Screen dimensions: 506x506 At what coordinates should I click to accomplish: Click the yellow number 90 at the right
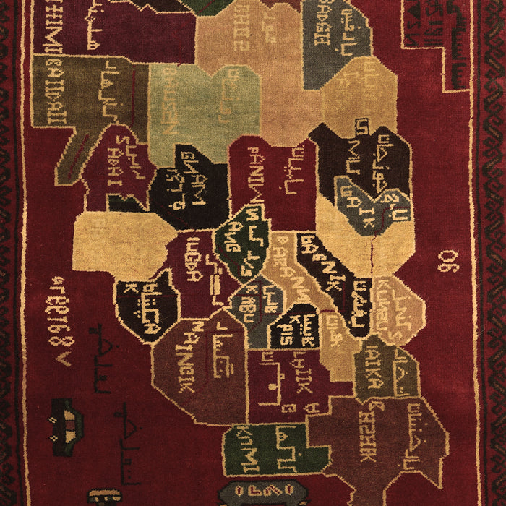point(448,260)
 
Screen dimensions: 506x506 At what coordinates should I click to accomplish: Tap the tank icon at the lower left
point(62,419)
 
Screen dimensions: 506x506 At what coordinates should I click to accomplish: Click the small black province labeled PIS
point(295,327)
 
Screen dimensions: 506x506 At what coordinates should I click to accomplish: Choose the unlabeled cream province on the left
point(119,242)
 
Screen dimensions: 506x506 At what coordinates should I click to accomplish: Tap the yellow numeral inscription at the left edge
point(61,318)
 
